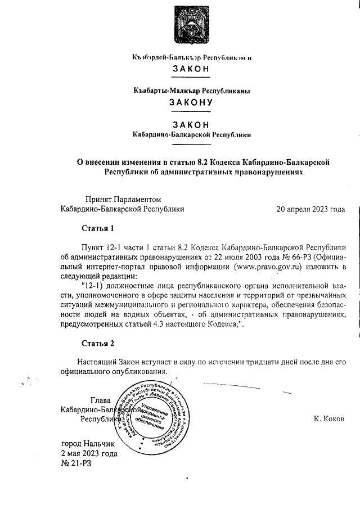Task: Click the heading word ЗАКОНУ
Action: [x=191, y=102]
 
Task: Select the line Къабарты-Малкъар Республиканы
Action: [x=191, y=90]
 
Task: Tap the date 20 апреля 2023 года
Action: [x=310, y=209]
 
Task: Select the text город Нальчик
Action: [x=87, y=444]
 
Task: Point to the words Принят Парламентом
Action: [x=123, y=199]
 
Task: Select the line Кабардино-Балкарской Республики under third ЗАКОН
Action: [x=191, y=135]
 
